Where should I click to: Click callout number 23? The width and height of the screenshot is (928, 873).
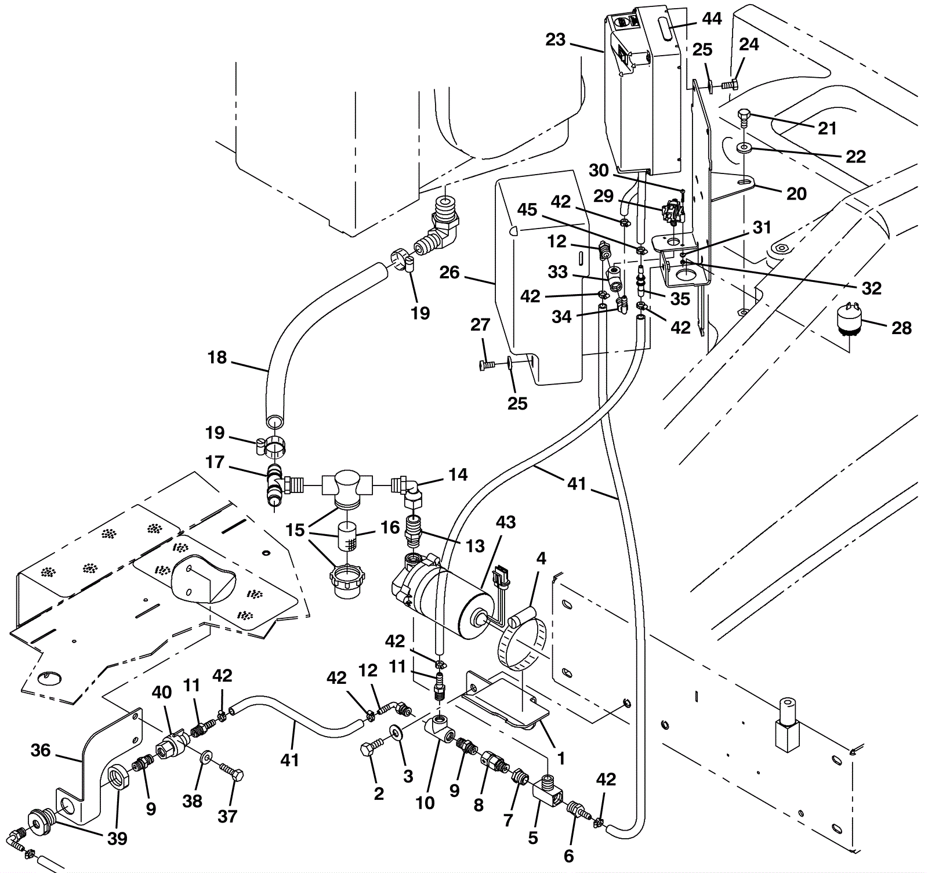tap(555, 40)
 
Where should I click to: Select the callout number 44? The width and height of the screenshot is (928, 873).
tap(712, 19)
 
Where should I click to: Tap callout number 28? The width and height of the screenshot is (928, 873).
tap(901, 328)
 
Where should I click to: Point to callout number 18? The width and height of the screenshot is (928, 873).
tap(217, 358)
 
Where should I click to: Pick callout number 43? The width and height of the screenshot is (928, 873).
tap(506, 522)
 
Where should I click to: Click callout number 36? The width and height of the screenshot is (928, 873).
tap(41, 751)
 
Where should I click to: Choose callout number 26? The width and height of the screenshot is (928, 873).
tap(449, 272)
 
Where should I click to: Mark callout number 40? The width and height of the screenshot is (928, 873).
tap(162, 693)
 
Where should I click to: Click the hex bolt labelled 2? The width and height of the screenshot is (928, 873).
tap(371, 749)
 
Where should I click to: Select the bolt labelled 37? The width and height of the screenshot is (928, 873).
tap(231, 772)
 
